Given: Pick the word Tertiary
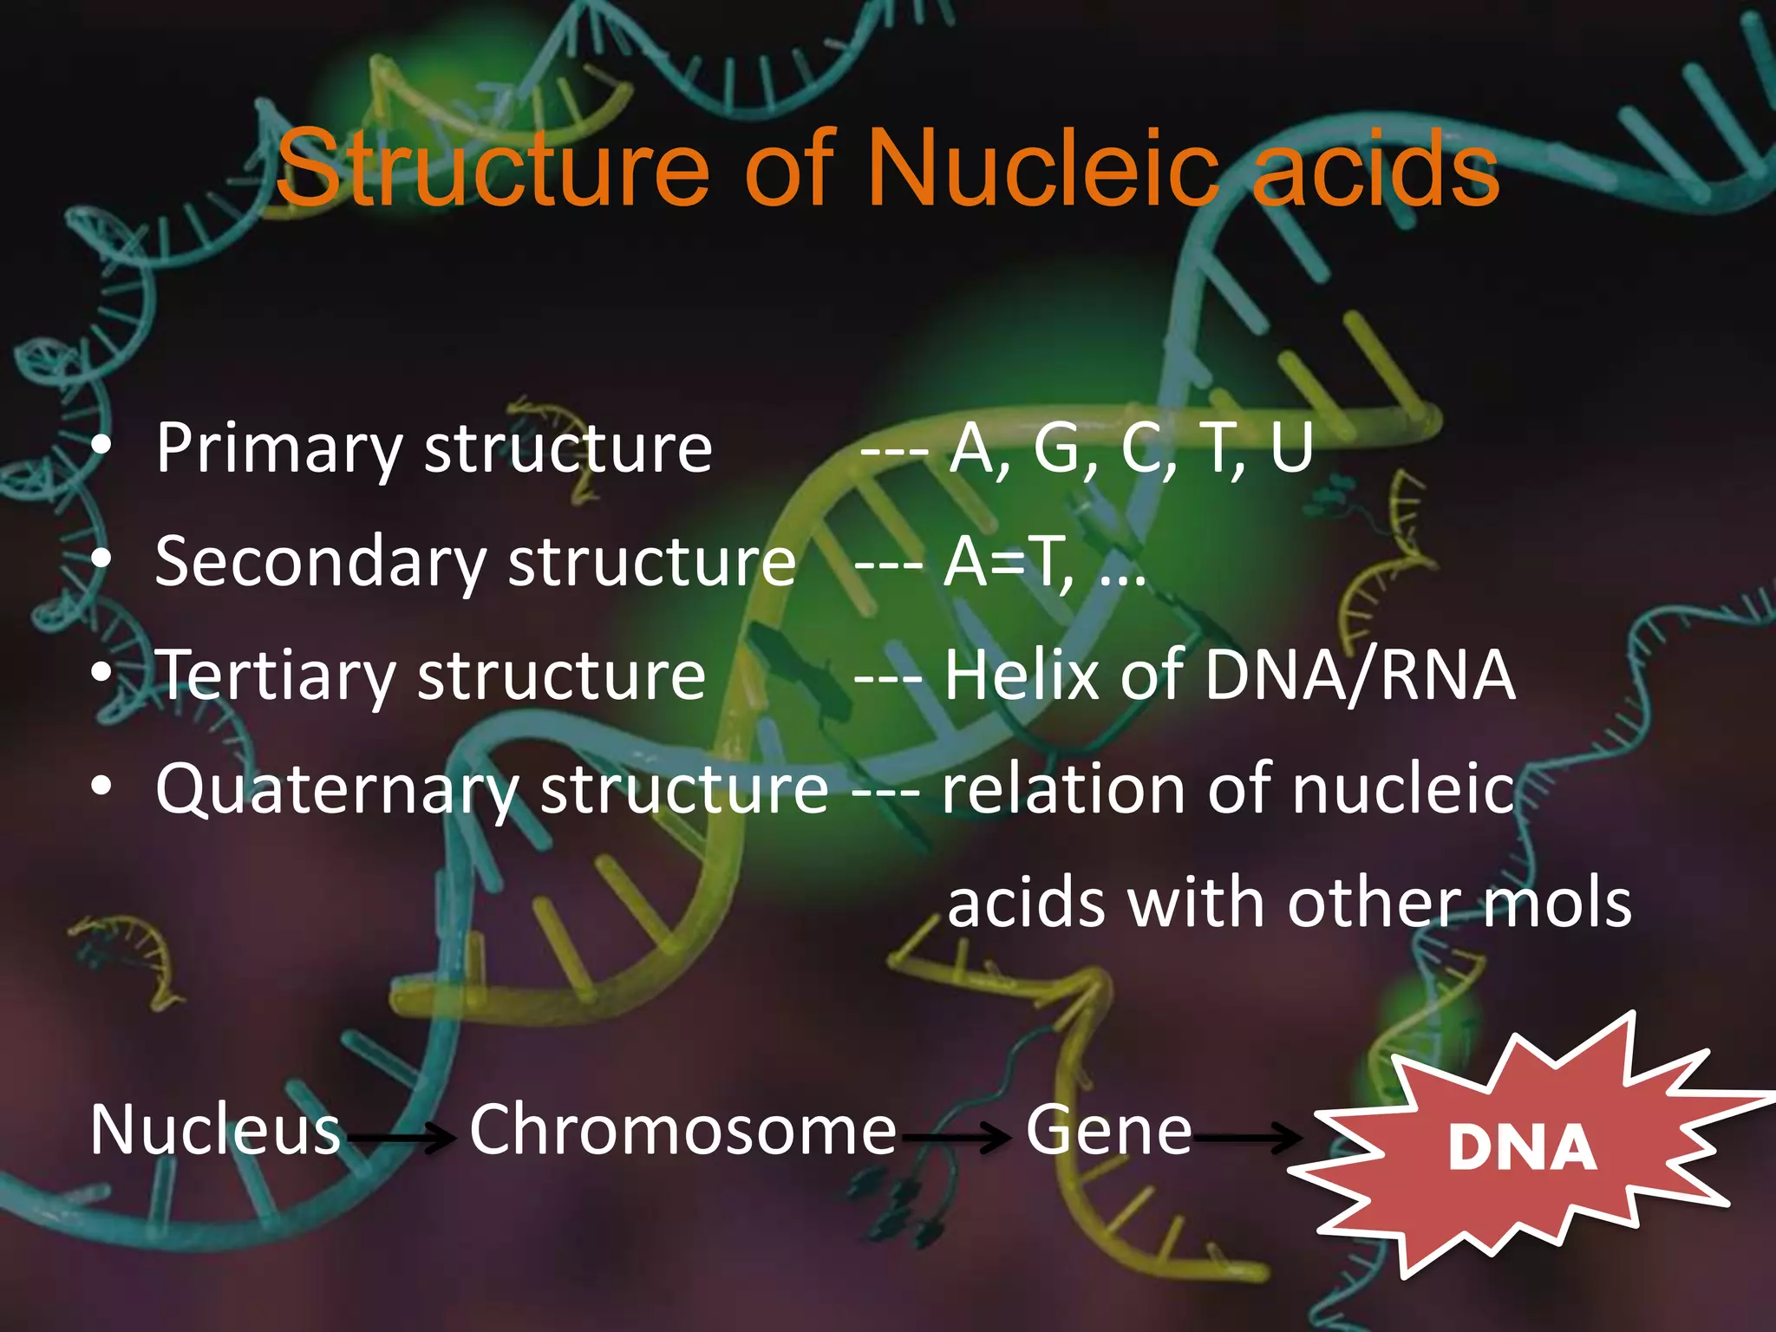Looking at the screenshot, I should (277, 676).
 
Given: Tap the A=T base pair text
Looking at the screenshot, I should (1006, 562).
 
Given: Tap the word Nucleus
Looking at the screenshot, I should (215, 1130).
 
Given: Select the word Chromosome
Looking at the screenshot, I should (682, 1130).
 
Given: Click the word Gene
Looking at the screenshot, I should (1108, 1130).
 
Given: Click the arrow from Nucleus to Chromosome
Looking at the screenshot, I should (400, 1136).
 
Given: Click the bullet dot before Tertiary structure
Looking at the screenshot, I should (102, 674).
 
